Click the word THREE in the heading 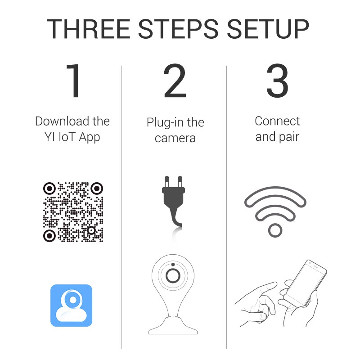pyautogui.click(x=88, y=29)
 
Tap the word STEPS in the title pyautogui.click(x=178, y=29)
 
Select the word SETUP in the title pyautogui.click(x=268, y=29)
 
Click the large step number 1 pyautogui.click(x=74, y=81)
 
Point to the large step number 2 pyautogui.click(x=175, y=81)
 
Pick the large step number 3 pyautogui.click(x=277, y=81)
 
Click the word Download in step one pyautogui.click(x=62, y=121)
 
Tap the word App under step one pyautogui.click(x=90, y=138)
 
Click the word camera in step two pyautogui.click(x=175, y=138)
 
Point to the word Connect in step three pyautogui.click(x=277, y=121)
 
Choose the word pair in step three pyautogui.click(x=289, y=137)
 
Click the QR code pyautogui.click(x=73, y=212)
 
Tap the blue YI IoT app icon pyautogui.click(x=72, y=306)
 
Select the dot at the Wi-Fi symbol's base pyautogui.click(x=275, y=230)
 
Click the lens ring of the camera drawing pyautogui.click(x=173, y=275)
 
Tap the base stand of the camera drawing pyautogui.click(x=173, y=325)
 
